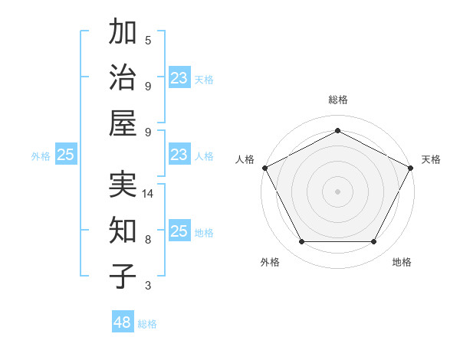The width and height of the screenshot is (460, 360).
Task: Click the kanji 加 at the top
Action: (x=123, y=33)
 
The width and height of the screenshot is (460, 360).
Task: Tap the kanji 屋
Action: (x=123, y=123)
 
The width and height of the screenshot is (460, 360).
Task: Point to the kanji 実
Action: (x=123, y=185)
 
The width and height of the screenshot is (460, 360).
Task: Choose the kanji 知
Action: (x=123, y=230)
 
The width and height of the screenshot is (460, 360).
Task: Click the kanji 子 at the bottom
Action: (x=123, y=276)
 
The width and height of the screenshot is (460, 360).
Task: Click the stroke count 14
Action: (x=149, y=194)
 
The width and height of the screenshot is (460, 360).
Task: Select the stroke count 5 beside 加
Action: (x=148, y=40)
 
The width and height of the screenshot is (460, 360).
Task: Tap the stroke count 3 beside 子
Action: (x=148, y=286)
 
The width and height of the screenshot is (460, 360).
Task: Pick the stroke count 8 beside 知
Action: (x=148, y=239)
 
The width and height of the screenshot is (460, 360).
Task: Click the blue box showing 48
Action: (x=123, y=322)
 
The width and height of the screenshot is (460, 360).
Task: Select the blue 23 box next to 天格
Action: (x=179, y=78)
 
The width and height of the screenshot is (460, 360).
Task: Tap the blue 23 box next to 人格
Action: (x=179, y=155)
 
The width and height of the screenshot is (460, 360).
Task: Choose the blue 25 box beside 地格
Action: (x=179, y=232)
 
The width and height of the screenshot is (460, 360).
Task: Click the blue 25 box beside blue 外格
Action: (x=66, y=155)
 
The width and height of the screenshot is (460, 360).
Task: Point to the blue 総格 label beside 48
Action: (x=147, y=324)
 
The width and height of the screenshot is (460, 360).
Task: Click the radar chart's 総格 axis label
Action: (x=337, y=100)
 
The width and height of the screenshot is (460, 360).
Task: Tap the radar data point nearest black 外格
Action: (x=301, y=242)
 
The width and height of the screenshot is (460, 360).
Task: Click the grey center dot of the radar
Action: (x=337, y=191)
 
